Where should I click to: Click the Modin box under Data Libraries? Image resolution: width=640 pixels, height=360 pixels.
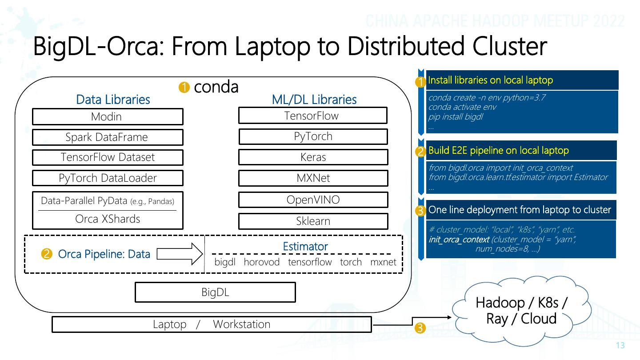click(107, 116)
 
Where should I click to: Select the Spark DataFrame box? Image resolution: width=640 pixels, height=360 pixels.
click(107, 137)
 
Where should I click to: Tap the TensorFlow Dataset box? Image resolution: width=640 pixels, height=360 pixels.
click(107, 157)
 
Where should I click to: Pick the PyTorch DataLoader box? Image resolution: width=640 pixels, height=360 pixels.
click(107, 178)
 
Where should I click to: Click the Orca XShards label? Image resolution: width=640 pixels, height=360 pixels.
click(107, 219)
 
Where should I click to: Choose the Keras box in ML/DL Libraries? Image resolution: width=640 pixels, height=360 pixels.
click(313, 157)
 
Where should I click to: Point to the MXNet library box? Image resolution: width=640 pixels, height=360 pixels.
click(313, 178)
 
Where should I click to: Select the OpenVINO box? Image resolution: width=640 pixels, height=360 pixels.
click(313, 200)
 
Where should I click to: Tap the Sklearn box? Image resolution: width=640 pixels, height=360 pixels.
click(313, 221)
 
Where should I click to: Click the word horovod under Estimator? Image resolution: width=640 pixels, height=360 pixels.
click(261, 262)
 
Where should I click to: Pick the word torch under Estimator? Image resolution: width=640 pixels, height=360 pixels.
click(351, 262)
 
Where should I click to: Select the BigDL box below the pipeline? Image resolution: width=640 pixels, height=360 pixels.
click(215, 292)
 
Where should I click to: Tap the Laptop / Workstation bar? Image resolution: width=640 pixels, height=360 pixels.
click(212, 324)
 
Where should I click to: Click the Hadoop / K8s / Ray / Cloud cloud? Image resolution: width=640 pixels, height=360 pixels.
click(521, 311)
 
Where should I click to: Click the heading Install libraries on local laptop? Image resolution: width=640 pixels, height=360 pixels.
click(490, 80)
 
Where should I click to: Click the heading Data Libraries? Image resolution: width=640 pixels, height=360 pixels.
click(113, 100)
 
